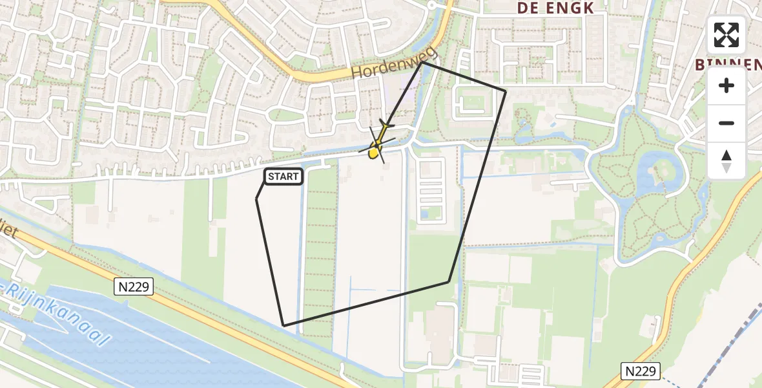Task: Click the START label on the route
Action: [283, 177]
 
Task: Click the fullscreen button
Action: [726, 35]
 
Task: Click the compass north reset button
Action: [726, 161]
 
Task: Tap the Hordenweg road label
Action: [395, 63]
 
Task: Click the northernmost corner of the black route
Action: [422, 62]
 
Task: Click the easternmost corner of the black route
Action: [506, 91]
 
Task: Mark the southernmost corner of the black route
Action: [283, 325]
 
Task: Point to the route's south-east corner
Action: [449, 282]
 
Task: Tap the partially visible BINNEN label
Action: [726, 65]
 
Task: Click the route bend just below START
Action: [256, 199]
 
